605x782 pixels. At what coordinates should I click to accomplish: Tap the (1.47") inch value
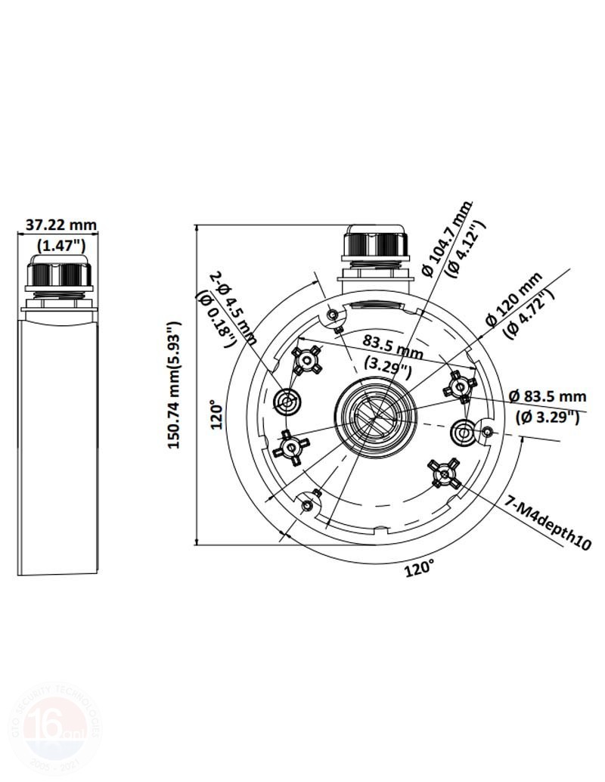61,244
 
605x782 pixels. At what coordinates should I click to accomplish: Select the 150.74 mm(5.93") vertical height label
175,385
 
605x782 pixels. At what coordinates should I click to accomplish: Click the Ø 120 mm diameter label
514,300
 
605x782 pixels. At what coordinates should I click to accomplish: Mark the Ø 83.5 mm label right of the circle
548,396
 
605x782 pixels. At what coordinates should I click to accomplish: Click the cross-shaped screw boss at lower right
445,473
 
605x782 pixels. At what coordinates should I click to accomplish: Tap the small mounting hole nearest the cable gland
333,315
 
